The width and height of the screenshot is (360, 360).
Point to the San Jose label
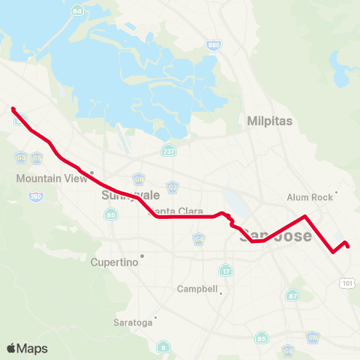[264, 235]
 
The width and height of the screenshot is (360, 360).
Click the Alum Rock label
[309, 197]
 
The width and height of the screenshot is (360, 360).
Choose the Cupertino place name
[115, 262]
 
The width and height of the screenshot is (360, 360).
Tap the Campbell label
[197, 289]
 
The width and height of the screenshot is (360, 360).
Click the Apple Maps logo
[27, 348]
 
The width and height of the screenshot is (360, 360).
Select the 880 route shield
[214, 46]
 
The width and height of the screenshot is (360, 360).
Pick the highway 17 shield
[225, 270]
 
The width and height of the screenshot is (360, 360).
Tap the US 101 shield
[346, 283]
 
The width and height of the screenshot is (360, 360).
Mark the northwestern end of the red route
[13, 109]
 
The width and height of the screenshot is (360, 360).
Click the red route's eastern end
[348, 246]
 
